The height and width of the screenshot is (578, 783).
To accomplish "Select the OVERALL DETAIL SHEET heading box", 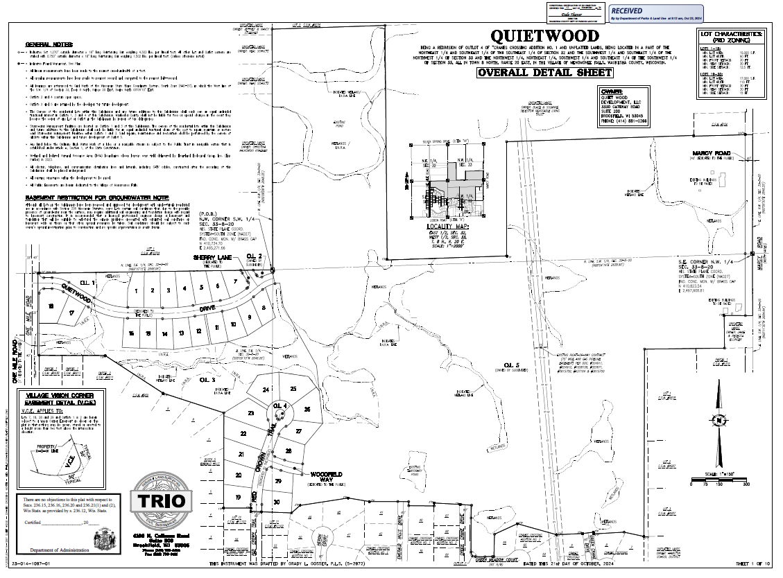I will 544,72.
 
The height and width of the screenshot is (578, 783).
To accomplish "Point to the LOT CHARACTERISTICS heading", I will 732,36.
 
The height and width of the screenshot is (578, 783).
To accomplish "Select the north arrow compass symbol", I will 720,420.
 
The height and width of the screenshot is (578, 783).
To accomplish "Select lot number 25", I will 293,389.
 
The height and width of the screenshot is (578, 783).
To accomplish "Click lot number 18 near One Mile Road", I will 51,306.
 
